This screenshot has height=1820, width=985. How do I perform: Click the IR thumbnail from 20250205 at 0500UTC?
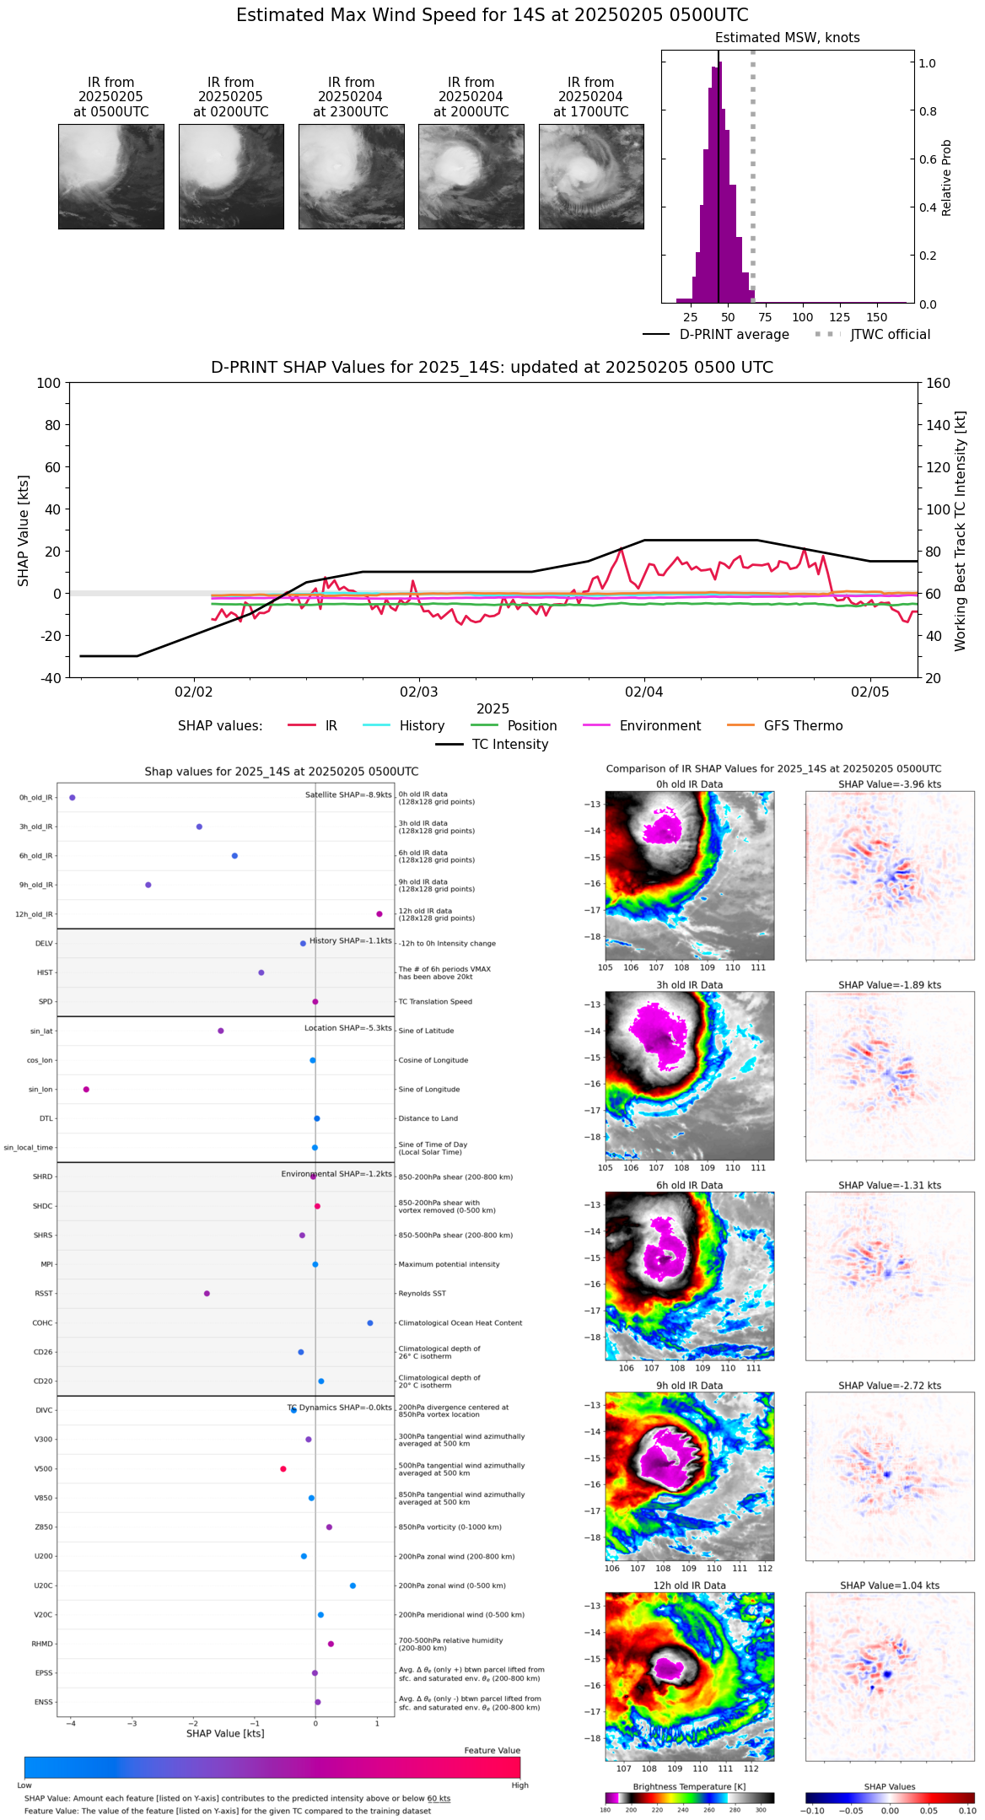pyautogui.click(x=110, y=176)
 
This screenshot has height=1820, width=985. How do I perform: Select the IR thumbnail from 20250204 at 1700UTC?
pyautogui.click(x=591, y=176)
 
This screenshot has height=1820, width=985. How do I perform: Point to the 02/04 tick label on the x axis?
pyautogui.click(x=643, y=692)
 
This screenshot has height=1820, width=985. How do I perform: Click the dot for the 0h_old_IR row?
pyautogui.click(x=73, y=797)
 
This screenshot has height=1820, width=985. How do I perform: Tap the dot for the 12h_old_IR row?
pyautogui.click(x=379, y=914)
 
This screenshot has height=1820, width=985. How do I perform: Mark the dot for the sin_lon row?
pyautogui.click(x=86, y=1090)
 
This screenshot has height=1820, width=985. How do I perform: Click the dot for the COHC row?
pyautogui.click(x=370, y=1323)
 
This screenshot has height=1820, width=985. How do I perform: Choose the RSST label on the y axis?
pyautogui.click(x=44, y=1294)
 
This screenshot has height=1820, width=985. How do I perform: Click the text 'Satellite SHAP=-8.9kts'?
pyautogui.click(x=348, y=794)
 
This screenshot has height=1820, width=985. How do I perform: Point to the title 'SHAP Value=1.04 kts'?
pyautogui.click(x=890, y=1586)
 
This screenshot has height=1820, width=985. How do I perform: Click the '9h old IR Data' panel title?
pyautogui.click(x=689, y=1386)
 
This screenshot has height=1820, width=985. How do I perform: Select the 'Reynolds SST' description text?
pyautogui.click(x=423, y=1294)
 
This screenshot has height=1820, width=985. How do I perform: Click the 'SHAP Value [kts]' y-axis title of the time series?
pyautogui.click(x=24, y=530)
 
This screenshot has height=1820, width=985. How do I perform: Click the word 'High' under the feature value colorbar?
pyautogui.click(x=519, y=1785)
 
